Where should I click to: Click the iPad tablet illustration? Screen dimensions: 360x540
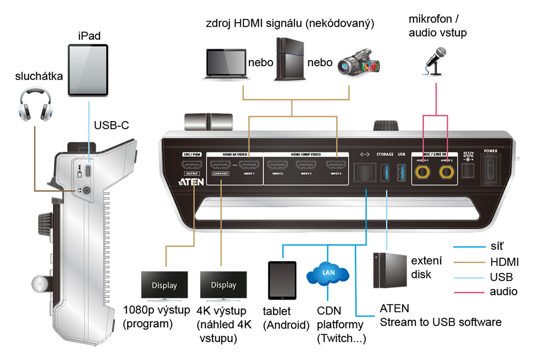click(x=88, y=70)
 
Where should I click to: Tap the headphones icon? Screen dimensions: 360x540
click(x=35, y=104)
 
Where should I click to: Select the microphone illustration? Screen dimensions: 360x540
click(x=436, y=61)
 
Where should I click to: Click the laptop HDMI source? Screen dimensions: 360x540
click(x=226, y=64)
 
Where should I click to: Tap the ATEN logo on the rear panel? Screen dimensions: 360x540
click(x=191, y=182)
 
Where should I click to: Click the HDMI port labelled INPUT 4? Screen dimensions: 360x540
click(x=336, y=165)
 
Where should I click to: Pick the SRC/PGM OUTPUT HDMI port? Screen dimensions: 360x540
click(x=192, y=165)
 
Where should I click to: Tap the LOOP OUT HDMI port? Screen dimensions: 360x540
click(x=220, y=165)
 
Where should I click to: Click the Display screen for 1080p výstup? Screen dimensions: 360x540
click(x=164, y=285)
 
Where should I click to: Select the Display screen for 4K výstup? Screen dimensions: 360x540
click(x=223, y=285)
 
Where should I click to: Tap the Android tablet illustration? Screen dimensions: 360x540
click(x=282, y=280)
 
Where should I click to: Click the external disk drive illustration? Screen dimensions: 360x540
click(x=390, y=271)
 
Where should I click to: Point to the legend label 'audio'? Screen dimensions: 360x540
click(x=503, y=291)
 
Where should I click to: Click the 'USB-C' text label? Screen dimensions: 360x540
click(x=111, y=125)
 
